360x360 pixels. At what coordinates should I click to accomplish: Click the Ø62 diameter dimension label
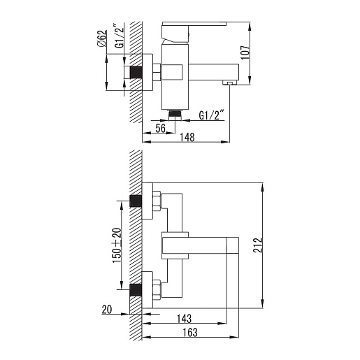[x=102, y=38]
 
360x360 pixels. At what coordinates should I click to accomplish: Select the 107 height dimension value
[x=245, y=52]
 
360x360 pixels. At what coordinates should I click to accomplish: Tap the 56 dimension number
[x=161, y=129]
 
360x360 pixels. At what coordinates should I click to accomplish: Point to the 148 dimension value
[x=187, y=138]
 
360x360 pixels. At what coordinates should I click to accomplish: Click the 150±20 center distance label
[x=117, y=245]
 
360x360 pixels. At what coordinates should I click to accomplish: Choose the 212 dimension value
[x=258, y=245]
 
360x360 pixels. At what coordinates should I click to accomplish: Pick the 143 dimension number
[x=184, y=319]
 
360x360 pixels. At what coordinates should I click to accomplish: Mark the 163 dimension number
[x=190, y=333]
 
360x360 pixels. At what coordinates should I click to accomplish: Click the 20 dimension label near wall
[x=107, y=310]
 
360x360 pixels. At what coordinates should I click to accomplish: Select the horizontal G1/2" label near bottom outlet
[x=211, y=115]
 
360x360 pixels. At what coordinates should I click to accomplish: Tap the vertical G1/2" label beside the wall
[x=119, y=36]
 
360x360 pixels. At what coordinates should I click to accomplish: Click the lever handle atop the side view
[x=194, y=24]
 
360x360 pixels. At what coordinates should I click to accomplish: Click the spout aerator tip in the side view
[x=229, y=82]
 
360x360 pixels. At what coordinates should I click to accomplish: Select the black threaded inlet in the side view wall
[x=136, y=72]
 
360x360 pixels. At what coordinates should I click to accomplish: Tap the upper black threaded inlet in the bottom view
[x=136, y=201]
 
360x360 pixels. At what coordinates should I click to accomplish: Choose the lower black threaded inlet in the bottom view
[x=136, y=290]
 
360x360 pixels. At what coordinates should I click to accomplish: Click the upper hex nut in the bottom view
[x=157, y=201]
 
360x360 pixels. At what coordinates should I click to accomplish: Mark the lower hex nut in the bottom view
[x=157, y=290]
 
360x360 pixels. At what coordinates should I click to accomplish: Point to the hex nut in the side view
[x=157, y=72]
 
